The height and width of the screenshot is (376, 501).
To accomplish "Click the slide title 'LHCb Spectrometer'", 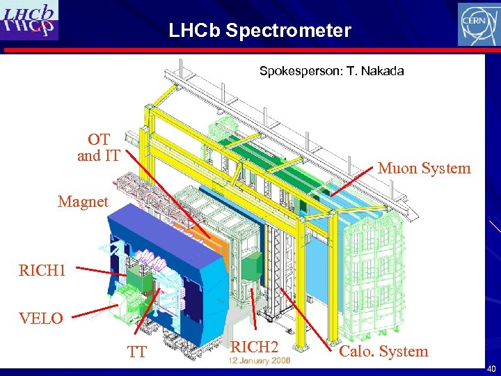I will click(x=260, y=31).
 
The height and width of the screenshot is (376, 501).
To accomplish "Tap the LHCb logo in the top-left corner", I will click(x=30, y=20).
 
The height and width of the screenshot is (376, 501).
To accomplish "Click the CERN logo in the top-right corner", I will click(x=478, y=24).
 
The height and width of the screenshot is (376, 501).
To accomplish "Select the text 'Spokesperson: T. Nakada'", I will click(x=331, y=71).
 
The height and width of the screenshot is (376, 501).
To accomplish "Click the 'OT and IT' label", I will click(x=98, y=148).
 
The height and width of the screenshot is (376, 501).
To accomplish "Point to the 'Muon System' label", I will click(x=424, y=168).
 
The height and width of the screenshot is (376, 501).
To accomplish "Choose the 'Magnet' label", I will click(x=83, y=202).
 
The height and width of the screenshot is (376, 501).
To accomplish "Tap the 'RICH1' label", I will click(x=42, y=269).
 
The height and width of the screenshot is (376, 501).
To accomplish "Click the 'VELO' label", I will click(x=41, y=319).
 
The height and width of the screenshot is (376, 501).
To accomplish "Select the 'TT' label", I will click(x=137, y=352).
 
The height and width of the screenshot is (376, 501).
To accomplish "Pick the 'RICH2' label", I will click(x=254, y=346).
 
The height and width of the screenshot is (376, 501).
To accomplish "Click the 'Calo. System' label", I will click(x=383, y=352).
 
